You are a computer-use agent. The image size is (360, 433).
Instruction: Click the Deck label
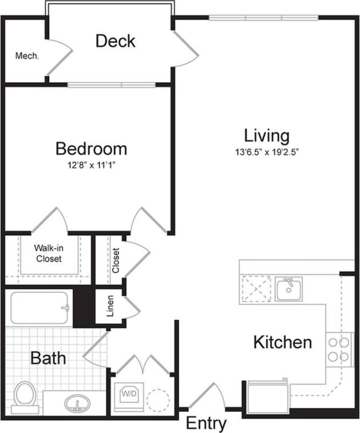115,41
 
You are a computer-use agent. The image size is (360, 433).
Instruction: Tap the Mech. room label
27,56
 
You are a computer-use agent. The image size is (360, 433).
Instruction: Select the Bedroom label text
91,149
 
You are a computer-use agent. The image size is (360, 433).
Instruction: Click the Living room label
267,136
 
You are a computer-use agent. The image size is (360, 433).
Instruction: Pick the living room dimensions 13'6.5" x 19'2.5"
267,152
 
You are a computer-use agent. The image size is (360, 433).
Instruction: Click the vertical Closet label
116,260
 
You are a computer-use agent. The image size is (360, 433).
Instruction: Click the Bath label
48,359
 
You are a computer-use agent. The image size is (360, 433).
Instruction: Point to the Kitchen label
283,342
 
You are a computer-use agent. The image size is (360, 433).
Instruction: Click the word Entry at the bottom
206,424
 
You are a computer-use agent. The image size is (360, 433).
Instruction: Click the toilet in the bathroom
24,396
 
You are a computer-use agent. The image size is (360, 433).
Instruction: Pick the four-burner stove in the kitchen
338,350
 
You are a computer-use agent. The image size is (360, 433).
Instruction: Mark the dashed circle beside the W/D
157,399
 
